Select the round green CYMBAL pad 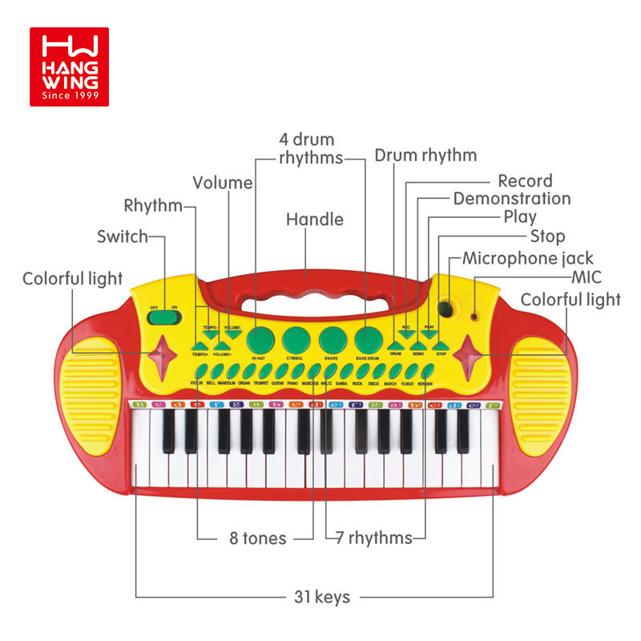(x=296, y=337)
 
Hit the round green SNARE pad (x=332, y=340)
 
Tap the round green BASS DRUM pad (x=368, y=337)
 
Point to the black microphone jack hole (x=446, y=310)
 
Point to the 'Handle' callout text (x=315, y=220)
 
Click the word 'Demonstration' (x=512, y=198)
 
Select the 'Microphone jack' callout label (x=528, y=258)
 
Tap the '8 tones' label (x=253, y=538)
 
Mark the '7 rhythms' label (x=375, y=538)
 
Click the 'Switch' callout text (x=123, y=236)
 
